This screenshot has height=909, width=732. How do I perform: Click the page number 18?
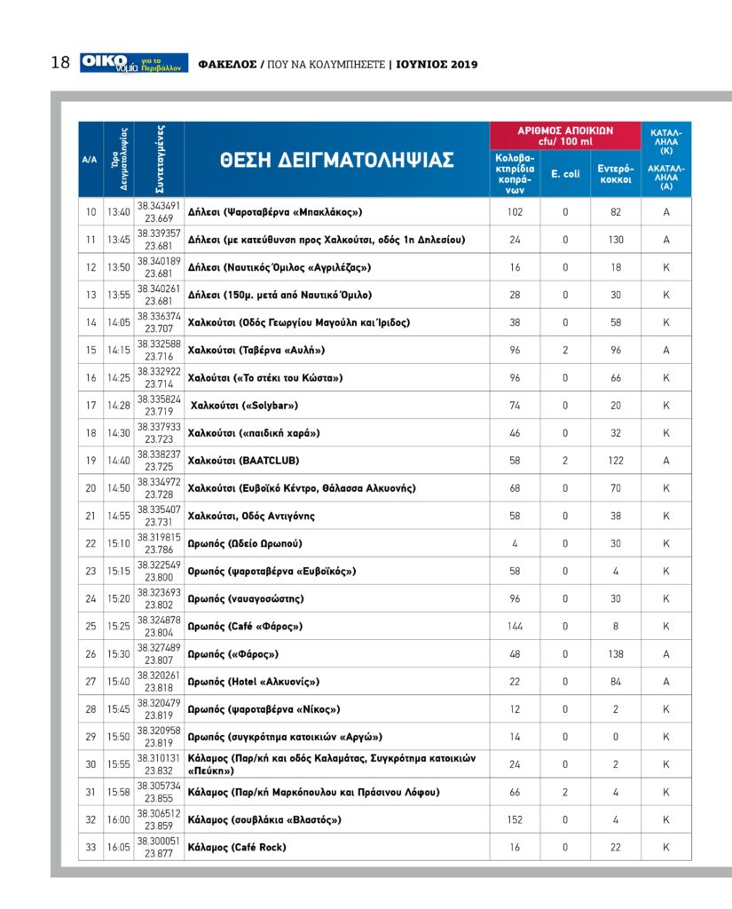(59, 63)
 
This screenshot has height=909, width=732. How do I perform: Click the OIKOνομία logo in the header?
(133, 62)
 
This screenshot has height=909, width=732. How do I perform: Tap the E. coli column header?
(565, 173)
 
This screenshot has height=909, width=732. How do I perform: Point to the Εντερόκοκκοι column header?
(615, 173)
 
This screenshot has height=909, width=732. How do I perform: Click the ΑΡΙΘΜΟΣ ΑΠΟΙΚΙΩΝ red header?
(565, 135)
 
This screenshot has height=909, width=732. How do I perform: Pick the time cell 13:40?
(118, 212)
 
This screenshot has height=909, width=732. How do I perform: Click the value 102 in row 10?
(515, 212)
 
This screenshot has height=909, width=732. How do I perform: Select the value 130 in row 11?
(615, 240)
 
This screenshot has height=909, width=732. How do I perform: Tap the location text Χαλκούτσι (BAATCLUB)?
(244, 461)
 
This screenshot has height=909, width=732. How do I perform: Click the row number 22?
(91, 543)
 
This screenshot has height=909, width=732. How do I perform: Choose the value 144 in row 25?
(515, 627)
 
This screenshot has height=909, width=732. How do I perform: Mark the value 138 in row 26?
(615, 654)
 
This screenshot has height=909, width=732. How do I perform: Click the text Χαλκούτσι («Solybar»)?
(244, 406)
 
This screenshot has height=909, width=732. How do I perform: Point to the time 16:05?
(118, 848)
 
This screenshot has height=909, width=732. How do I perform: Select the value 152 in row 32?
(515, 820)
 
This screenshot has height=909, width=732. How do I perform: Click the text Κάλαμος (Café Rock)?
(237, 848)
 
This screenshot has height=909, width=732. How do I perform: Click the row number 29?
(91, 737)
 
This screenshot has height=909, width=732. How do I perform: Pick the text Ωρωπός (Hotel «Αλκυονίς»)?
(254, 682)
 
